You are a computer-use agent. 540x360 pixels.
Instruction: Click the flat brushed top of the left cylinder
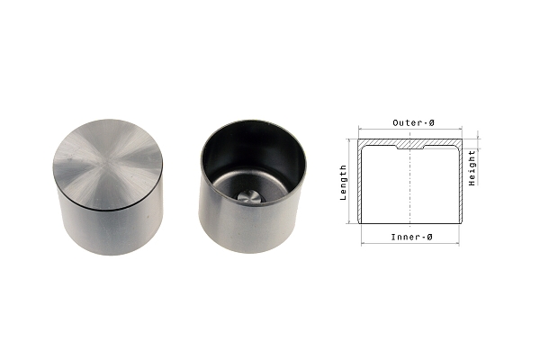click(108, 165)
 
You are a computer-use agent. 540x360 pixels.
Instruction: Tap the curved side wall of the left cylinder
click(110, 229)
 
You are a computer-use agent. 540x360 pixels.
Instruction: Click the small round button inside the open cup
click(249, 197)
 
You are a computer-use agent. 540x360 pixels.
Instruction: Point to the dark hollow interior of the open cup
click(253, 162)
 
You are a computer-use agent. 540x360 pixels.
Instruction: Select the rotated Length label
click(343, 183)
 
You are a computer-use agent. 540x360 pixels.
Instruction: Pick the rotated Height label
click(472, 168)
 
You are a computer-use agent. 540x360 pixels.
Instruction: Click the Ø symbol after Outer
click(431, 122)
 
